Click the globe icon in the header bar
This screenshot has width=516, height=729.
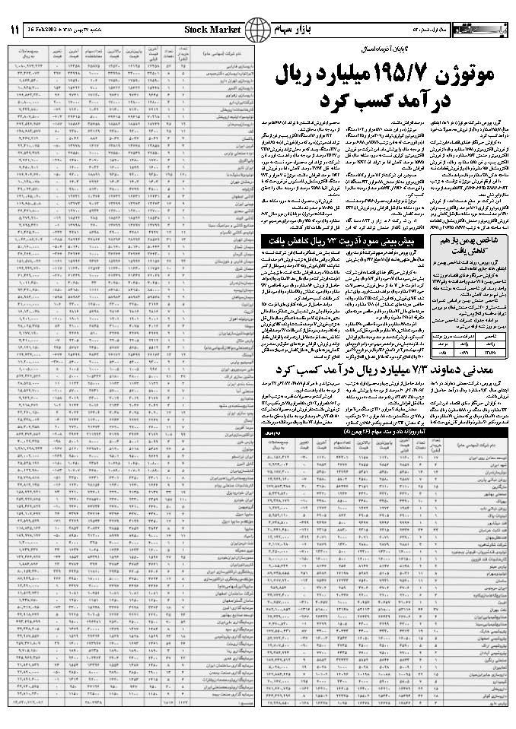257,29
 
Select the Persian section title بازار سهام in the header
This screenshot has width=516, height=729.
295,30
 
